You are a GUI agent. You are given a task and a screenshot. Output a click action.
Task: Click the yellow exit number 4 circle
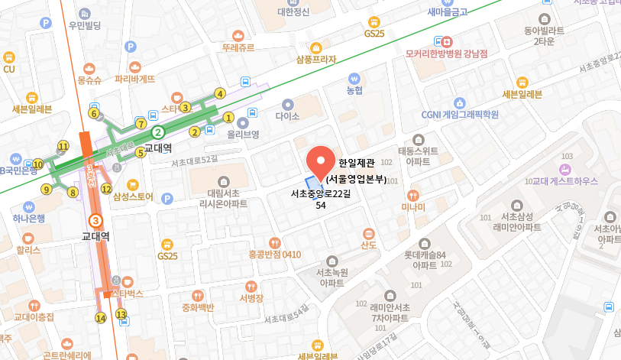click(220, 94)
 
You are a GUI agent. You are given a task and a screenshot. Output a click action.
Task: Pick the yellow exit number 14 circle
click(100, 318)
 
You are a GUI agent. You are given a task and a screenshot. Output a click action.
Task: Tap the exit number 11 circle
click(63, 146)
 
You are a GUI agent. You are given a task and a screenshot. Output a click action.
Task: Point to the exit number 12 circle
click(106, 189)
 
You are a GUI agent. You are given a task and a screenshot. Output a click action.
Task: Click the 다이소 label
click(288, 117)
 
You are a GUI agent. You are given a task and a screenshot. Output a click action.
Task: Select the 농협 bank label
click(354, 90)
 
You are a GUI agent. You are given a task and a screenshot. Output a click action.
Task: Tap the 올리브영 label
click(244, 134)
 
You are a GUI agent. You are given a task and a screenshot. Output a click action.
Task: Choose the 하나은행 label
click(28, 219)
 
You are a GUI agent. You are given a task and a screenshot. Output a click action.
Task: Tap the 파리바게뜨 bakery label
click(134, 78)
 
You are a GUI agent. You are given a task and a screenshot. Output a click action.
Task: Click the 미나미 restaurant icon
click(413, 195)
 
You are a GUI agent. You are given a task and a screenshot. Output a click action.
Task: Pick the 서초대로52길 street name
click(195, 161)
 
